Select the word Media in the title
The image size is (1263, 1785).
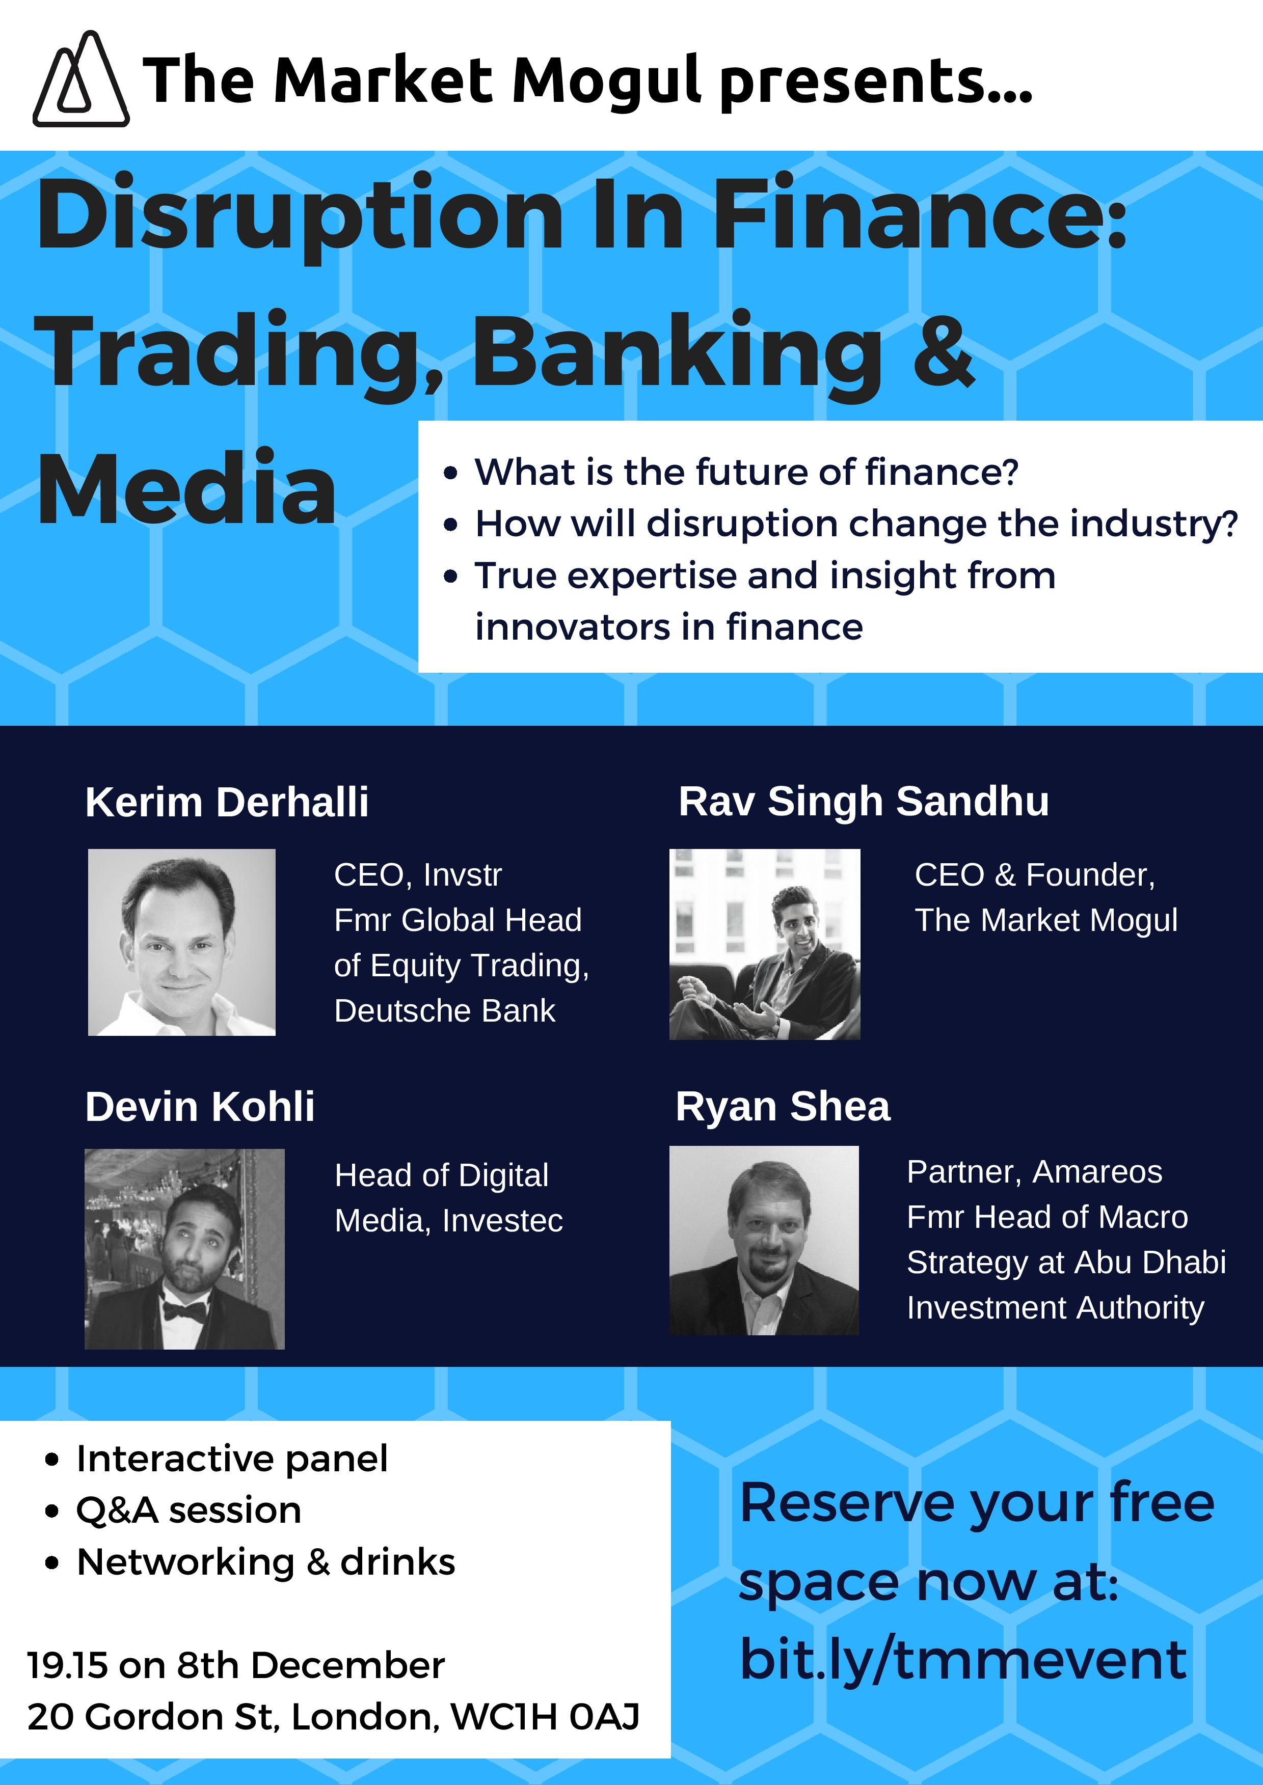186,488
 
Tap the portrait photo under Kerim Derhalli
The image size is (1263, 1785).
181,942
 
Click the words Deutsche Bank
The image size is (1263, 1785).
445,1011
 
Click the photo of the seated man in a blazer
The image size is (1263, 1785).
765,944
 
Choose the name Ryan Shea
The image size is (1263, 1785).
783,1107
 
